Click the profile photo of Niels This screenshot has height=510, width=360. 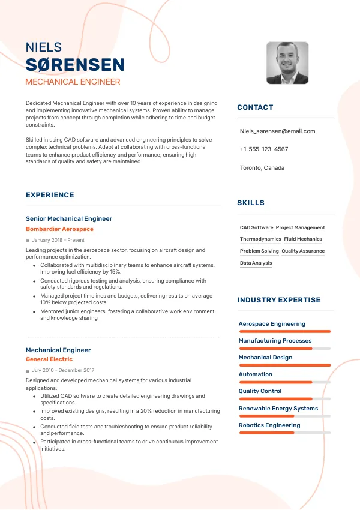tap(287, 63)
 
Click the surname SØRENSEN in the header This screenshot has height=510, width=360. tap(75, 65)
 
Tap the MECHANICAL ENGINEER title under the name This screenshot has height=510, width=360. tap(73, 82)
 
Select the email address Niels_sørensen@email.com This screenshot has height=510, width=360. tap(277, 131)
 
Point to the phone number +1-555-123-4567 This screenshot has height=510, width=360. tap(264, 149)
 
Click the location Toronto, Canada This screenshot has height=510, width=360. tap(262, 167)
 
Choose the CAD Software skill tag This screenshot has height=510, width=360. tap(256, 228)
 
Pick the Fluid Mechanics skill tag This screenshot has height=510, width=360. tap(303, 239)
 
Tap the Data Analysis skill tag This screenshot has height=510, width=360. tap(256, 263)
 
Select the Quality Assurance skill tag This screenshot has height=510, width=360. tap(303, 251)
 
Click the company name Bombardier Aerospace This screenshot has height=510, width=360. tap(59, 229)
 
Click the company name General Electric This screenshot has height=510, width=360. tap(49, 359)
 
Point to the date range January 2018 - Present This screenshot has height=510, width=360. tap(58, 240)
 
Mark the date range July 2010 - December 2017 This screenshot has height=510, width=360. tap(63, 370)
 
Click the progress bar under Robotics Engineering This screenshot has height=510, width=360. tap(284, 433)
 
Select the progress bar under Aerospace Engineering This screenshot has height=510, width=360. tap(284, 331)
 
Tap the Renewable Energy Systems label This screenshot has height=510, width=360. tap(278, 409)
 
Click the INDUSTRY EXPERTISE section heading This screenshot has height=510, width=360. tap(278, 300)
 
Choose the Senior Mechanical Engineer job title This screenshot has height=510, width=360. tap(69, 219)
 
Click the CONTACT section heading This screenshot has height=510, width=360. tap(255, 107)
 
